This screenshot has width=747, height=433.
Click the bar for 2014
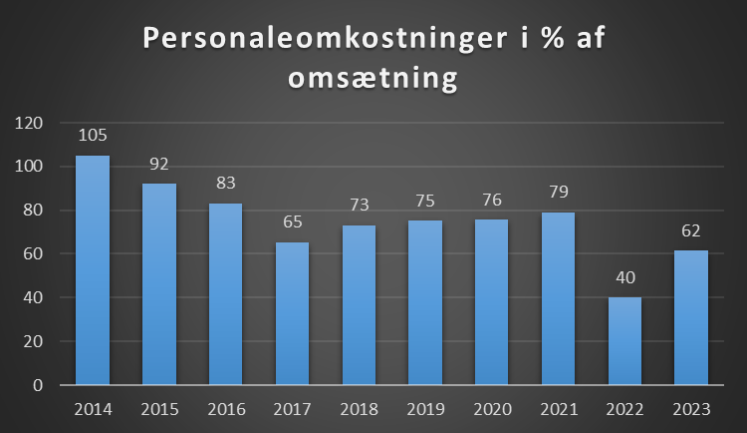(x=93, y=269)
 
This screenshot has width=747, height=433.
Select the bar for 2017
(x=292, y=313)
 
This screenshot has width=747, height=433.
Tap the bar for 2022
(x=624, y=340)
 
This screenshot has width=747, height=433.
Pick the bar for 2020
(x=491, y=301)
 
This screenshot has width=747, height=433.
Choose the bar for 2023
(x=691, y=317)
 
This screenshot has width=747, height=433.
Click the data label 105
(x=93, y=136)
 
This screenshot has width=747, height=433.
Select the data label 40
(x=624, y=277)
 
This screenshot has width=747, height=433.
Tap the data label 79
(x=558, y=193)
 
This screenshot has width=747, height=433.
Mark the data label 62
(x=691, y=230)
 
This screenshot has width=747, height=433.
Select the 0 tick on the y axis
(x=39, y=384)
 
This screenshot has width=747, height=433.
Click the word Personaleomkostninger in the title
(x=317, y=39)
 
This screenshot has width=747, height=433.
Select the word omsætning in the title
(x=373, y=79)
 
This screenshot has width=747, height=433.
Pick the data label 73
(x=359, y=206)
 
